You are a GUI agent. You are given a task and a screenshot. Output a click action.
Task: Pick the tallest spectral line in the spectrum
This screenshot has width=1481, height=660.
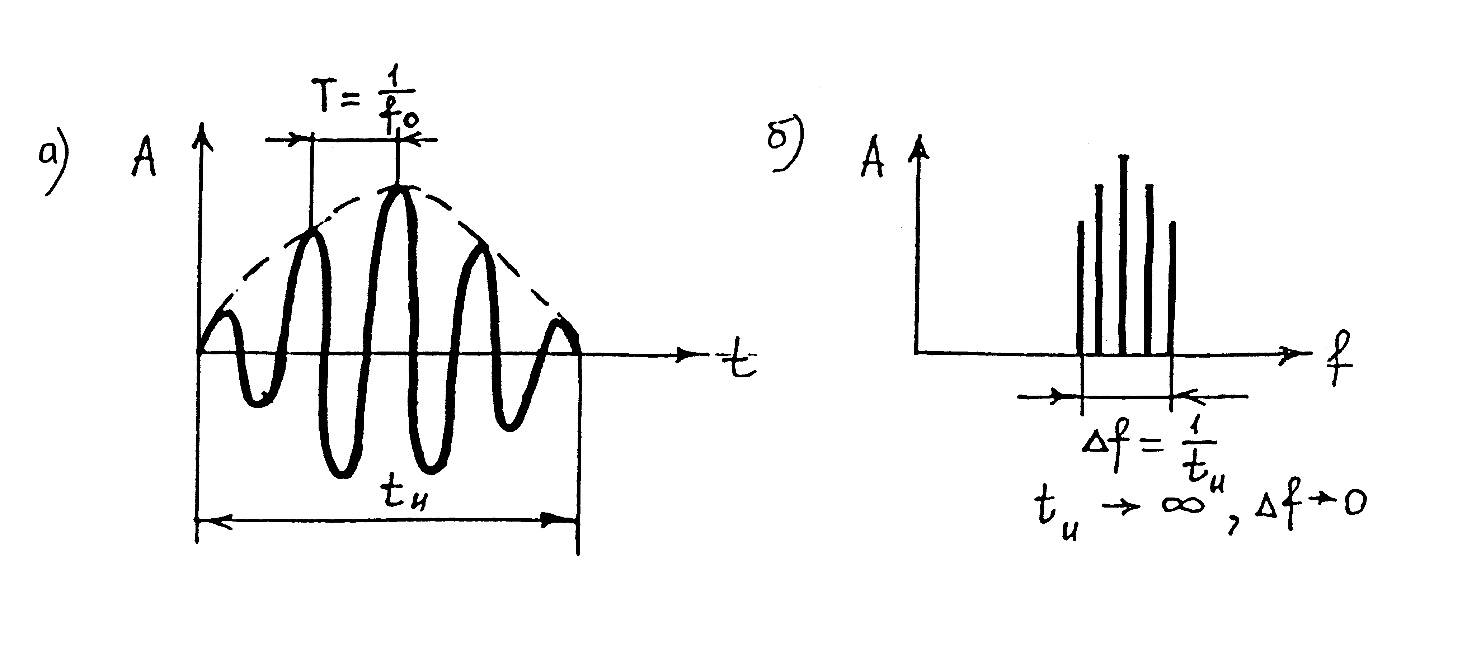(x=1123, y=253)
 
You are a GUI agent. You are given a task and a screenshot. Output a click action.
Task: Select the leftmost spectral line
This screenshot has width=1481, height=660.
(x=1080, y=287)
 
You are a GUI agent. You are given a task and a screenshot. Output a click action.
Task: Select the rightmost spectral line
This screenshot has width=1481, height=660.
(x=1172, y=287)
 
